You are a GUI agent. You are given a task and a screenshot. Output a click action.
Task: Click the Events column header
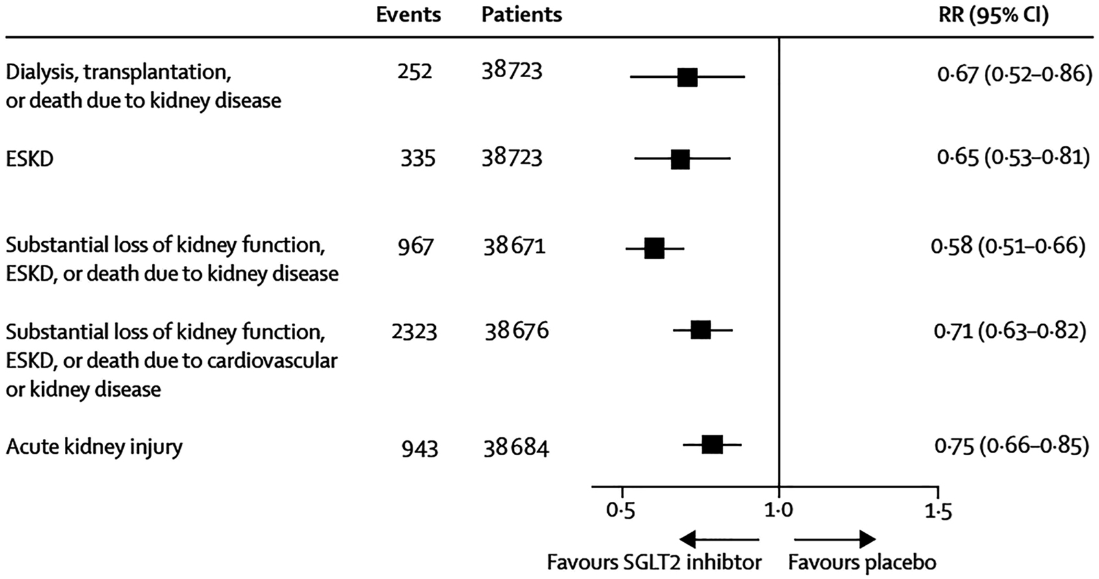pos(408,15)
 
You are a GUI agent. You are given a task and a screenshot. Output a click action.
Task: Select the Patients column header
pos(521,15)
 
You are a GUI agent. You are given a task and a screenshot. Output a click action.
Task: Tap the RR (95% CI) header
pos(993,15)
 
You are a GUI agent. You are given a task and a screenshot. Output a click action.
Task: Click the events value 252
pos(415,71)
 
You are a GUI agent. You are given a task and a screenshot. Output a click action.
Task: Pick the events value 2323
pos(414,332)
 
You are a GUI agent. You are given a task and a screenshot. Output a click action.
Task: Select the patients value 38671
pos(514,246)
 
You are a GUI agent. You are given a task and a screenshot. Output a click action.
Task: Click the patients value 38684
pos(516,448)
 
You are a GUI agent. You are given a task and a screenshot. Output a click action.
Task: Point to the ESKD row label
pos(30,159)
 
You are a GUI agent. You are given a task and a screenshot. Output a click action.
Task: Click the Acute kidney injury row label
pos(94,447)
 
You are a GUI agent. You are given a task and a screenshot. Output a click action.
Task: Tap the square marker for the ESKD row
pos(680,159)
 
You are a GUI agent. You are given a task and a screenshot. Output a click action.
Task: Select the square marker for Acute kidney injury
pos(712,445)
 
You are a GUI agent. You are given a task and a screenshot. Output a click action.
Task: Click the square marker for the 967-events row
pos(654,248)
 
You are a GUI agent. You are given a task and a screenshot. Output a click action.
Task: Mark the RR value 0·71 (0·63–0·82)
pos(1009,331)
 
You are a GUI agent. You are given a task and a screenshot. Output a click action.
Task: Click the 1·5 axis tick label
pos(937,512)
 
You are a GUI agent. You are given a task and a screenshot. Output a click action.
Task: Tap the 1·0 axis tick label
pos(778,512)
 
